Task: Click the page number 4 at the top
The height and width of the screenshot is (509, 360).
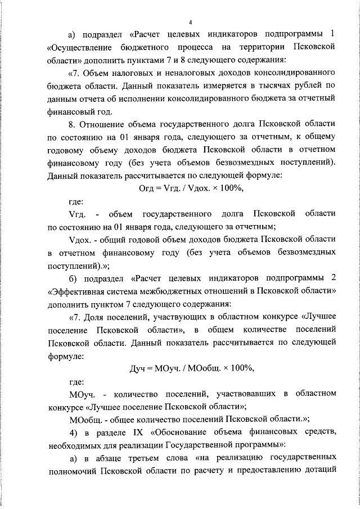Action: (191, 22)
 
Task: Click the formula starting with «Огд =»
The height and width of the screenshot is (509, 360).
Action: (191, 188)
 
